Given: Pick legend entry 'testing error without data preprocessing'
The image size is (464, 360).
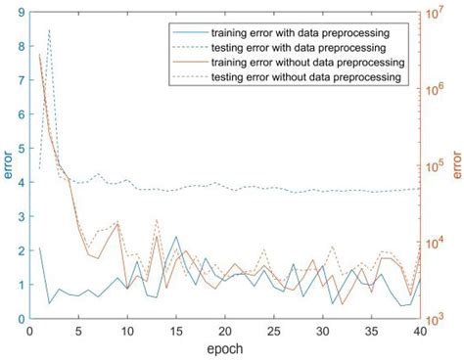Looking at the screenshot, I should tap(303, 76).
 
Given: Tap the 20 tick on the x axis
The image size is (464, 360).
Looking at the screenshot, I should tap(225, 331).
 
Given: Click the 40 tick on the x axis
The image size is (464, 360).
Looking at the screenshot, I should tap(420, 331).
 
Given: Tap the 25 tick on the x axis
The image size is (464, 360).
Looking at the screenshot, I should tap(274, 331).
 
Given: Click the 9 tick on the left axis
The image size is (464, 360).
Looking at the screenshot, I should tap(21, 14).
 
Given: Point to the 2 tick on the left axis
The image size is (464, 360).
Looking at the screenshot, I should tap(21, 250).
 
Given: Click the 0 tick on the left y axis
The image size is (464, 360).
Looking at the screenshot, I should tap(21, 318).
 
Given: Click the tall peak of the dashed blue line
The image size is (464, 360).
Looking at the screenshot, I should tap(49, 30).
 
